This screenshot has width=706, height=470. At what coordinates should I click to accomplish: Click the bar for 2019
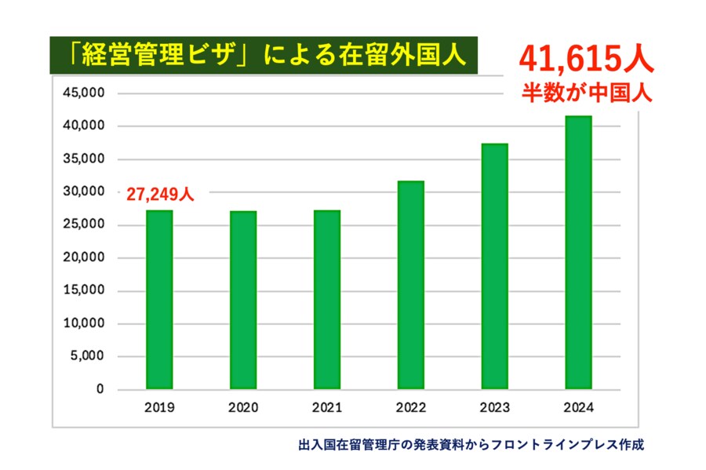pyautogui.click(x=159, y=300)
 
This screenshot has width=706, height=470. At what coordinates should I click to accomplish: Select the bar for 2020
pyautogui.click(x=243, y=300)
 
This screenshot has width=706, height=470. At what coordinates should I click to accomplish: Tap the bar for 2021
pyautogui.click(x=327, y=300)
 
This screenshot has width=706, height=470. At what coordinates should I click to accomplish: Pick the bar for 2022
pyautogui.click(x=411, y=285)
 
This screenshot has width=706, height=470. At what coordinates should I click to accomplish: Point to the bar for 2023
pyautogui.click(x=495, y=267)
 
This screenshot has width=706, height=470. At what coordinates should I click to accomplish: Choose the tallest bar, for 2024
pyautogui.click(x=579, y=253)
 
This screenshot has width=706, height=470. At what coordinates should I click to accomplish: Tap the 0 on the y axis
pyautogui.click(x=100, y=389)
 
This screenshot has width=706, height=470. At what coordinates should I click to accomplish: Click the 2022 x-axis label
pyautogui.click(x=411, y=408)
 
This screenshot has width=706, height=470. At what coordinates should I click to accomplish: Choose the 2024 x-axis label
pyautogui.click(x=579, y=408)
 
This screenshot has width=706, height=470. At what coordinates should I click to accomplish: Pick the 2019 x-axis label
pyautogui.click(x=159, y=408)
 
